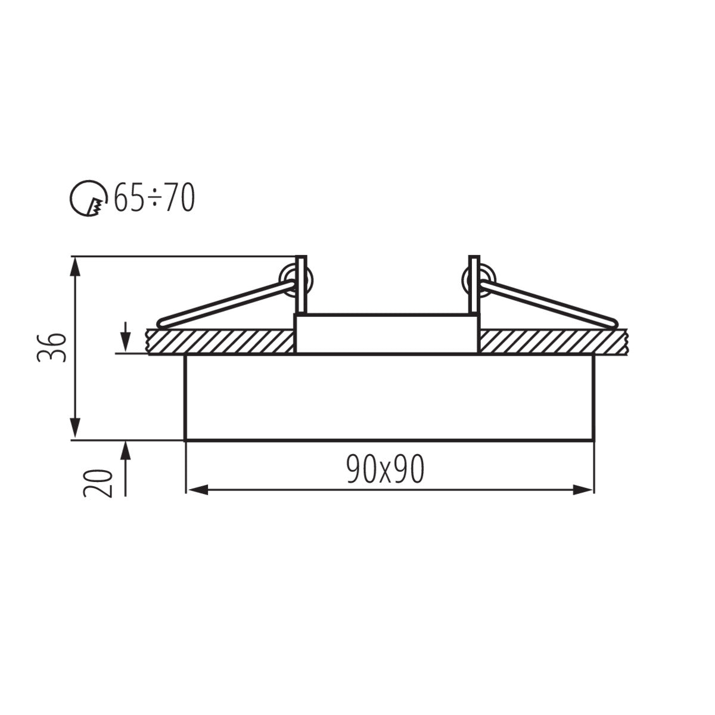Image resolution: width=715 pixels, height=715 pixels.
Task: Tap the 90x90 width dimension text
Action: click(x=386, y=470)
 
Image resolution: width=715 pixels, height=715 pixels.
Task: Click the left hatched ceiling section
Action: click(x=220, y=341)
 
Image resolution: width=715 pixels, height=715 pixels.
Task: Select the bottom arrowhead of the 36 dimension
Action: click(x=74, y=430)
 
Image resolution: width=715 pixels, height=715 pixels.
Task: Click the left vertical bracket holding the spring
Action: click(x=301, y=285)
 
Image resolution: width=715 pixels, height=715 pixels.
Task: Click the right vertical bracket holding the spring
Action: click(x=474, y=285)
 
